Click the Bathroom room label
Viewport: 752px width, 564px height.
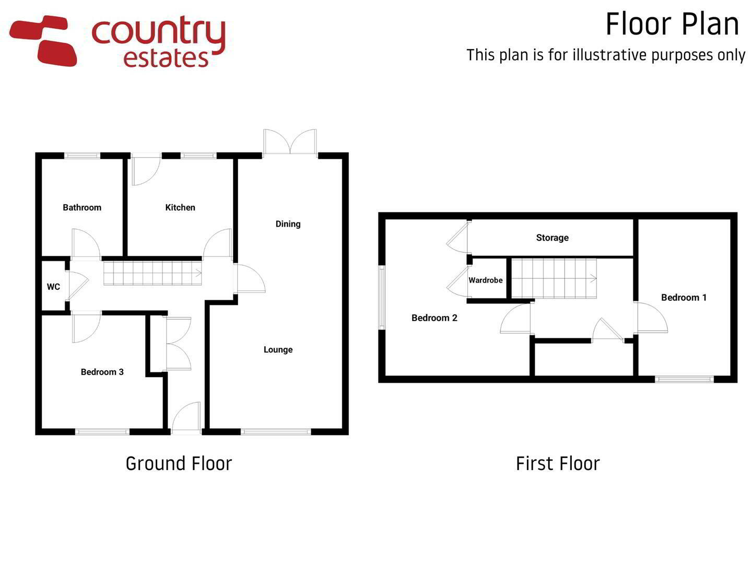(82, 207)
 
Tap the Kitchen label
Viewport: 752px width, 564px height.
(180, 207)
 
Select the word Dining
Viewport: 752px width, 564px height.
(288, 225)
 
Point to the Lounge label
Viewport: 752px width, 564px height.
(278, 350)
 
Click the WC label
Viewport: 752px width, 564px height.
(53, 287)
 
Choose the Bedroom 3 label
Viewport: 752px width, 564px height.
(102, 372)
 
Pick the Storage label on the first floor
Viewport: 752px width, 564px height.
(553, 238)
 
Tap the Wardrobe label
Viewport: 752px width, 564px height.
(486, 280)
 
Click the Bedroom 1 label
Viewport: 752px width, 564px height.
(684, 297)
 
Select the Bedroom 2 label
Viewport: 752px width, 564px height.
(434, 318)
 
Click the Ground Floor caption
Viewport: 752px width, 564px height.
(179, 463)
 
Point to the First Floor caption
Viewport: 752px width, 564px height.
(558, 463)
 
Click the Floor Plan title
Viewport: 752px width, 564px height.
(672, 25)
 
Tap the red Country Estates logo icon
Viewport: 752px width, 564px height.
(42, 40)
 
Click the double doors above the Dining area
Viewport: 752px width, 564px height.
(290, 143)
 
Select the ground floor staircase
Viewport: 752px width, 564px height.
(153, 273)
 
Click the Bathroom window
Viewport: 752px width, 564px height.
(82, 156)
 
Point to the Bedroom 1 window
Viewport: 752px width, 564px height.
(685, 379)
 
